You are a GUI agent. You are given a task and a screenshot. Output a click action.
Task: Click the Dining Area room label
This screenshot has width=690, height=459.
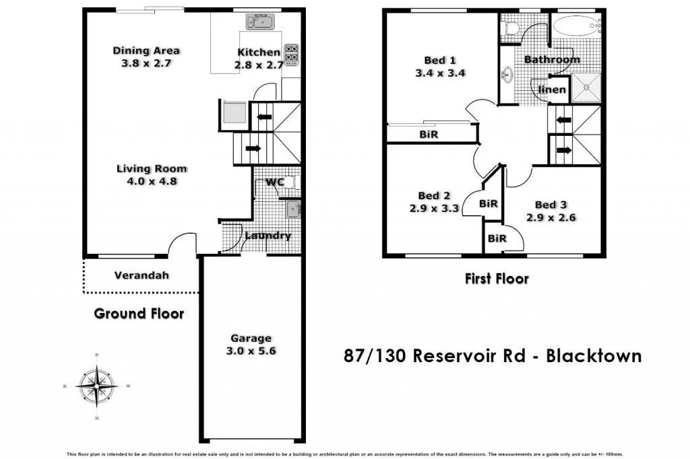[146, 50]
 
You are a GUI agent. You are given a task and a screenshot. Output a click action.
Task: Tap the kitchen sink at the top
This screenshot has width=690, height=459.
[259, 22]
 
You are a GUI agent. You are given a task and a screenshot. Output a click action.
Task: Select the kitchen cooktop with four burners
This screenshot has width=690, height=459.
[292, 55]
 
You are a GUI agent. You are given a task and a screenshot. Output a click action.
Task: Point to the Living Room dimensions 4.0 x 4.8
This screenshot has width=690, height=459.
[151, 181]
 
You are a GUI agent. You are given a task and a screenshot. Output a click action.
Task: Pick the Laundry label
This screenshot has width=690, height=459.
[268, 236]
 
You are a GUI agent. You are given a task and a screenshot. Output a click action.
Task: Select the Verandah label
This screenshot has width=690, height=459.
[142, 275]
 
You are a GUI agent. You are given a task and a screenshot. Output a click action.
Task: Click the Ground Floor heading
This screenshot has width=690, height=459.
[139, 314]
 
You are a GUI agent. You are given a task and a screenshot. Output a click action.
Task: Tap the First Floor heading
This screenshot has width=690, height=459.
[497, 279]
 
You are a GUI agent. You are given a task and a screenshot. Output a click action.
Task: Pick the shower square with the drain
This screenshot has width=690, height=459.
[587, 87]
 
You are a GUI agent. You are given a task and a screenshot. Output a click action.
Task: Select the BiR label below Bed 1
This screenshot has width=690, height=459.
[429, 135]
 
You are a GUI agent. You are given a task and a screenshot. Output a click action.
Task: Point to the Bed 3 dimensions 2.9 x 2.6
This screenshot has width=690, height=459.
[551, 218]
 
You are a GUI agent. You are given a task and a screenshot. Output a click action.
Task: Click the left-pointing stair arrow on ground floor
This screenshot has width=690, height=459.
[264, 117]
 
